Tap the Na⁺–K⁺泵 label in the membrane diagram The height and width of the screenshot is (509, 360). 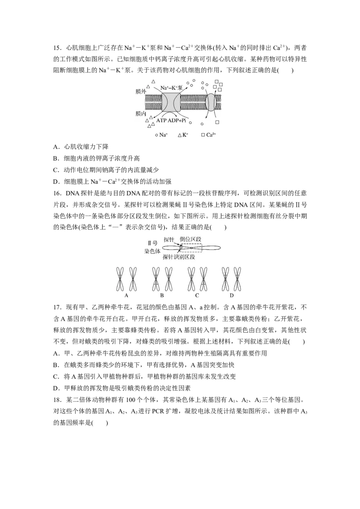point(171,88)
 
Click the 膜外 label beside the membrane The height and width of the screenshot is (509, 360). point(141,92)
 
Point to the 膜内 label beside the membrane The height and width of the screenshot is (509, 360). point(141,114)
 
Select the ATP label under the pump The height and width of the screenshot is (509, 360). point(161,121)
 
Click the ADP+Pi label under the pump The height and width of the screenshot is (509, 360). point(177,121)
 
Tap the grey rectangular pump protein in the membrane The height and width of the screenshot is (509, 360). point(171,103)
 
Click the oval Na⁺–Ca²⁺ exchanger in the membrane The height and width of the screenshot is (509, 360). point(211,102)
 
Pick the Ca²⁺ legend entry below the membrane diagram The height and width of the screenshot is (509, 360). point(209,135)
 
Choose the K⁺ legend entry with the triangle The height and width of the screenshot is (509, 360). point(183,135)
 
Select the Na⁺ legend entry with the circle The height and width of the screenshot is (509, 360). point(162,135)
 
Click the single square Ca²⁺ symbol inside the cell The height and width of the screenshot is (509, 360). point(217,122)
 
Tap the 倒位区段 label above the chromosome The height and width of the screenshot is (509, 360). point(191,240)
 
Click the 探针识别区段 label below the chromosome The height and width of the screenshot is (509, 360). point(179,257)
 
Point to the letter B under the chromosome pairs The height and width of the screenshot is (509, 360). point(162,295)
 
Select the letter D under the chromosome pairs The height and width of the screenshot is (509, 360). point(232,295)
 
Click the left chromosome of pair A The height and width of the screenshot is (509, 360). point(120,279)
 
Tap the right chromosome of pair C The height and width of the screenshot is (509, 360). point(203,279)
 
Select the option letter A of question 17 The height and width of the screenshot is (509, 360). point(55,353)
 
